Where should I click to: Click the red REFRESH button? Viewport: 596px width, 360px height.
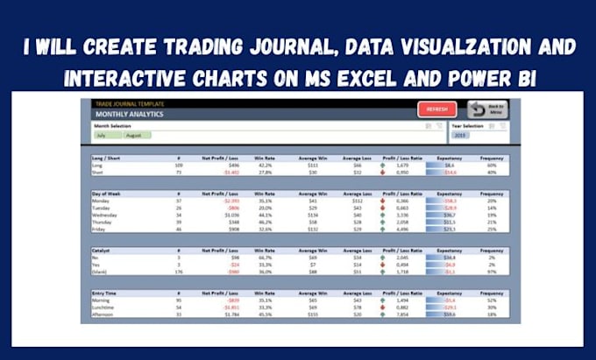coord(436,109)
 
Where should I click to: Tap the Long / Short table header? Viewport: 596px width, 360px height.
coord(108,157)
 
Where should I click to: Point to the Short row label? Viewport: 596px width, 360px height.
coord(101,173)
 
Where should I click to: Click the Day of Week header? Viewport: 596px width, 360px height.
coord(107,192)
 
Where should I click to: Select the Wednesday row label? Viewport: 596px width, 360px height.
coord(107,214)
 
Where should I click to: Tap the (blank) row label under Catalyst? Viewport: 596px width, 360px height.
coord(103,272)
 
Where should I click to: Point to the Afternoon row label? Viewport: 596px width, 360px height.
coord(106,315)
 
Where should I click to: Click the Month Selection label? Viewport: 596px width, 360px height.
coord(112,126)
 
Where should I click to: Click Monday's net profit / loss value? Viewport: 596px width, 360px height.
coord(231,200)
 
